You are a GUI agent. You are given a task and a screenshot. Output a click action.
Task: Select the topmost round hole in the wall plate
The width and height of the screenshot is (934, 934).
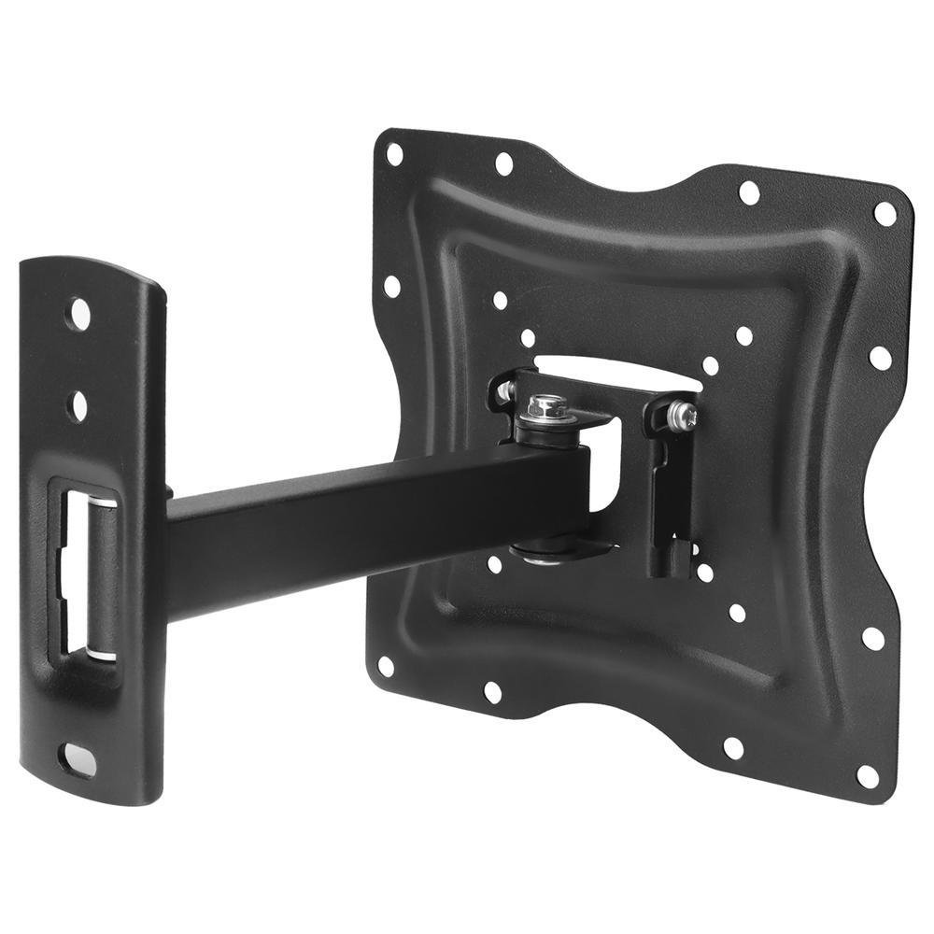(79, 311)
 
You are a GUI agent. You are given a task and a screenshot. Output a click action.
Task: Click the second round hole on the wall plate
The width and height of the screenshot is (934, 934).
(78, 403)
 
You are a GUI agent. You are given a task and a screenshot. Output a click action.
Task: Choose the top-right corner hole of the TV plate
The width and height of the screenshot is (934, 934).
(884, 214)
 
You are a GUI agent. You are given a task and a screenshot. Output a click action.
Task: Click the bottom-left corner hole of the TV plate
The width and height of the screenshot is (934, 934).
(386, 665)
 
